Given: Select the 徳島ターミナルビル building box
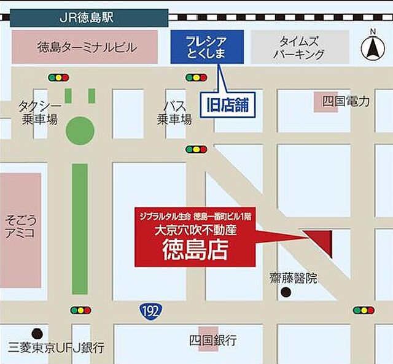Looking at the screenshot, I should pos(85,47).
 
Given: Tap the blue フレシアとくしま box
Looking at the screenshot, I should pos(207,47).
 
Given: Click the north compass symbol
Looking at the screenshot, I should pos(372,45).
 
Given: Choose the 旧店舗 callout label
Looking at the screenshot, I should pos(227,104).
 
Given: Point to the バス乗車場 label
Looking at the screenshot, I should pos(174,112).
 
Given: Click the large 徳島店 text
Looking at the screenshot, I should pos(195,250).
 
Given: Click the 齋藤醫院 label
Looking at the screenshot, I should pos(293,278).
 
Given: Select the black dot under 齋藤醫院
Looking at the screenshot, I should pos(286,292).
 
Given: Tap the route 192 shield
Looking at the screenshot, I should pos(147,311).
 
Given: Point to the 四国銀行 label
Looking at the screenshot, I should pos(212,339).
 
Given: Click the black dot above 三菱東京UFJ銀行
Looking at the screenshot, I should pos(37,332).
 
